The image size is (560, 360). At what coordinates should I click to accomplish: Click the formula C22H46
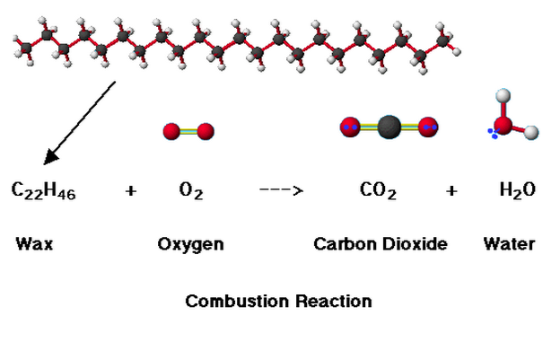(44, 190)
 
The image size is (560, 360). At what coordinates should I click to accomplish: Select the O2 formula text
(191, 190)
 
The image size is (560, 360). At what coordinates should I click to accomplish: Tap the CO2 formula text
(378, 190)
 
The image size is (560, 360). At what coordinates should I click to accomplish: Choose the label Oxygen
(190, 243)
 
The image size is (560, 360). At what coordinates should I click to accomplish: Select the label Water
(509, 243)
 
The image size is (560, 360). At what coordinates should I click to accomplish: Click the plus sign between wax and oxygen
(131, 190)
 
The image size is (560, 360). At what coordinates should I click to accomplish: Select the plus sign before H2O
(451, 190)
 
